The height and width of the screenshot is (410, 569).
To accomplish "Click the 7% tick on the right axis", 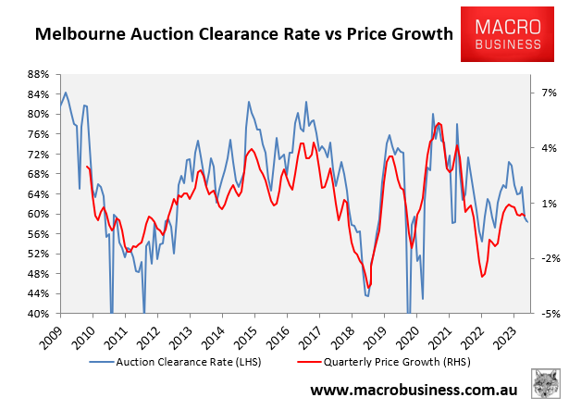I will click(x=546, y=93).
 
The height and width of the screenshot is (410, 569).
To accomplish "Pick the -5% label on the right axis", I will click(x=546, y=314).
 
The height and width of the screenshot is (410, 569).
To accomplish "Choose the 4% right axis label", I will click(x=546, y=148).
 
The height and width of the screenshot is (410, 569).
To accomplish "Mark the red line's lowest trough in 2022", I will click(x=482, y=277).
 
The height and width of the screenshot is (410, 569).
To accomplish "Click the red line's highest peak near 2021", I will click(x=438, y=123).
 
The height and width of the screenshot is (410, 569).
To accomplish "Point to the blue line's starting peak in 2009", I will click(x=65, y=93).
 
